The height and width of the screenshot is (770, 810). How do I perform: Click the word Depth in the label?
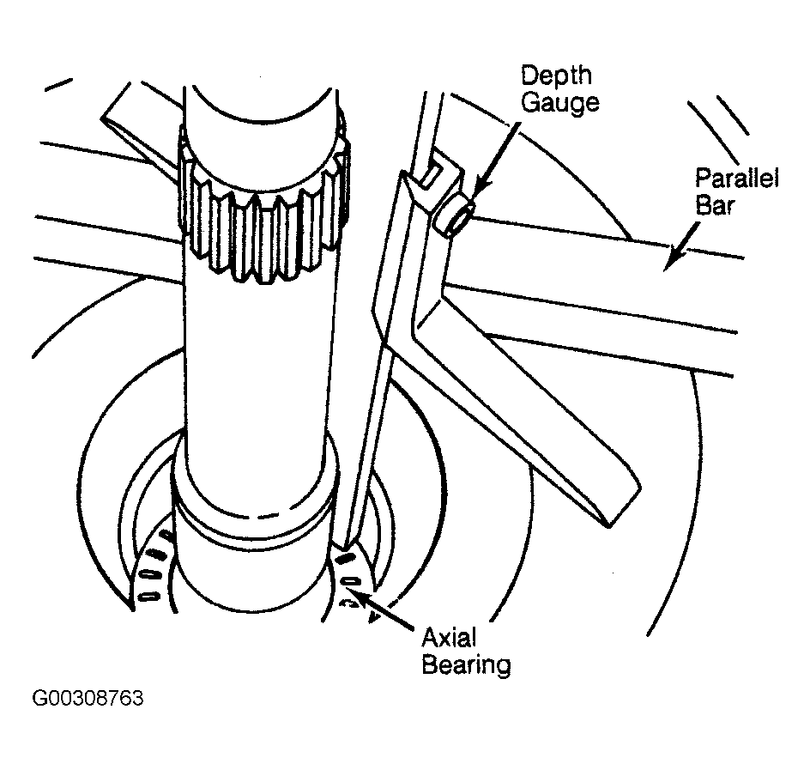pyautogui.click(x=556, y=76)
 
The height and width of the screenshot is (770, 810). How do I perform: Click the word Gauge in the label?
pyautogui.click(x=560, y=102)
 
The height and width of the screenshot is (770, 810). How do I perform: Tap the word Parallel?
pyautogui.click(x=737, y=179)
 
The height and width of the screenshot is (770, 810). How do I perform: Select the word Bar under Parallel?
pyautogui.click(x=715, y=204)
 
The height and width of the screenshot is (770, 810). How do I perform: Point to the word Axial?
pyautogui.click(x=449, y=637)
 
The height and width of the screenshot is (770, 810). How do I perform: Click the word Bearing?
pyautogui.click(x=467, y=664)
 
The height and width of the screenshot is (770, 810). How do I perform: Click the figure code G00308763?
pyautogui.click(x=88, y=698)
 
